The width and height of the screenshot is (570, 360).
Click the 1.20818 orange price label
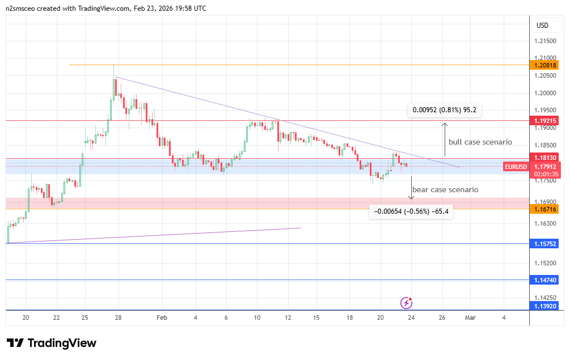click(x=546, y=65)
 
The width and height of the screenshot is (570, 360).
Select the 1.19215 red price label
click(x=546, y=121)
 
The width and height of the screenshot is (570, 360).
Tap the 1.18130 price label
click(x=546, y=157)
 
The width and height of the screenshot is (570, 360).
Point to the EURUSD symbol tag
click(x=516, y=167)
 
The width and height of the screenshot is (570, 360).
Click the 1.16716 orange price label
click(x=546, y=209)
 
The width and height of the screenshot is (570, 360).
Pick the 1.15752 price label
click(x=546, y=244)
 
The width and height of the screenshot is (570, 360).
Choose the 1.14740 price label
click(x=546, y=280)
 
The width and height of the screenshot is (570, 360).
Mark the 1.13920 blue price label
click(x=546, y=306)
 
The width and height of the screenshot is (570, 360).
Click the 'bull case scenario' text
click(x=480, y=142)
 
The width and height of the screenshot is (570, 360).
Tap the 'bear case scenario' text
click(x=445, y=189)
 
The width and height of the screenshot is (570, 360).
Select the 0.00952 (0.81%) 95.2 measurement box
click(x=444, y=110)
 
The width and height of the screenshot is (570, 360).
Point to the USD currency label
click(x=542, y=26)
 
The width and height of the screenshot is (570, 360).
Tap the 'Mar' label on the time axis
click(x=470, y=317)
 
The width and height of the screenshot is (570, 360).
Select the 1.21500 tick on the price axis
click(x=546, y=41)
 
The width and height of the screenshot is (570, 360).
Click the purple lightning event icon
click(x=406, y=303)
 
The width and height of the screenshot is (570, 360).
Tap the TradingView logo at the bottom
click(x=52, y=343)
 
